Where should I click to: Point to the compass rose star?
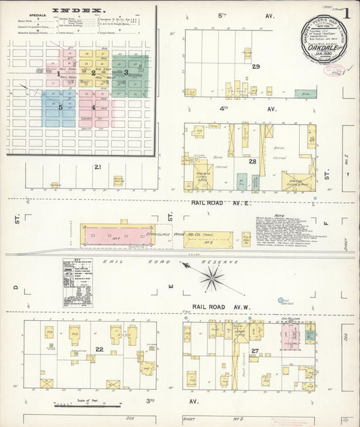[x=212, y=275]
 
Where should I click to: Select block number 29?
[x=255, y=67]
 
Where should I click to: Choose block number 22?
[x=99, y=349]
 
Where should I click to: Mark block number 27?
[x=255, y=350]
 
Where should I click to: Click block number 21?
[x=98, y=167]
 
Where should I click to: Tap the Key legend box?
[x=78, y=282]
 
